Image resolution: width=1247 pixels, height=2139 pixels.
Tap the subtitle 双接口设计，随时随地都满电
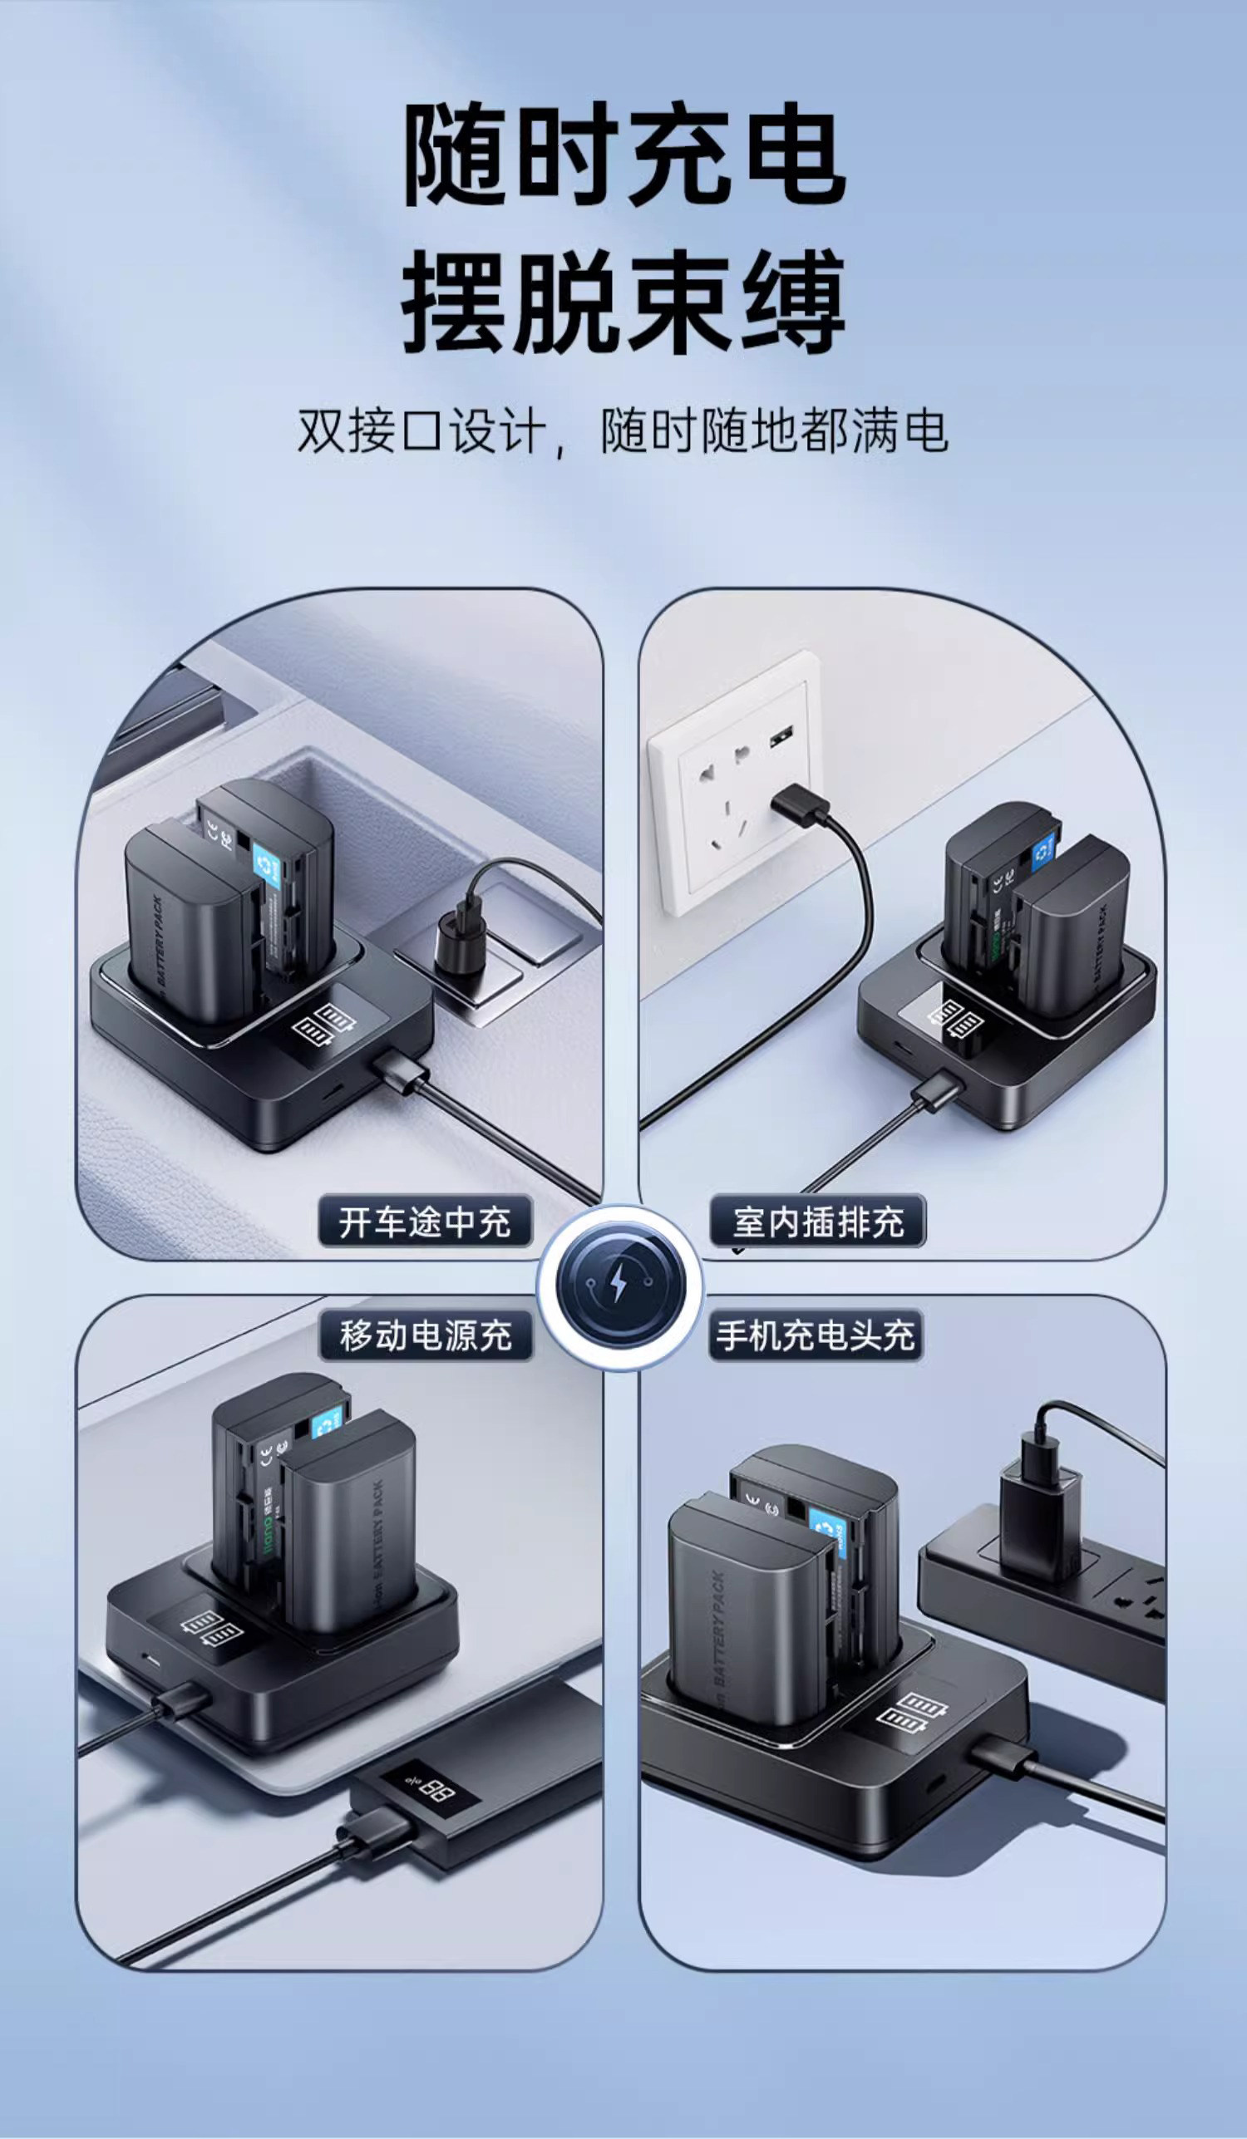point(622,431)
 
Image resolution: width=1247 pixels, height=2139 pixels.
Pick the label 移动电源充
point(426,1335)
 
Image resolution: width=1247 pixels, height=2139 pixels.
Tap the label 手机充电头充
point(815,1335)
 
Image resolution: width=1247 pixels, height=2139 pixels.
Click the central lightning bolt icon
point(620,1283)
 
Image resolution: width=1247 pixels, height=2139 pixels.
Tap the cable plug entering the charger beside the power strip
point(1004,1758)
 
